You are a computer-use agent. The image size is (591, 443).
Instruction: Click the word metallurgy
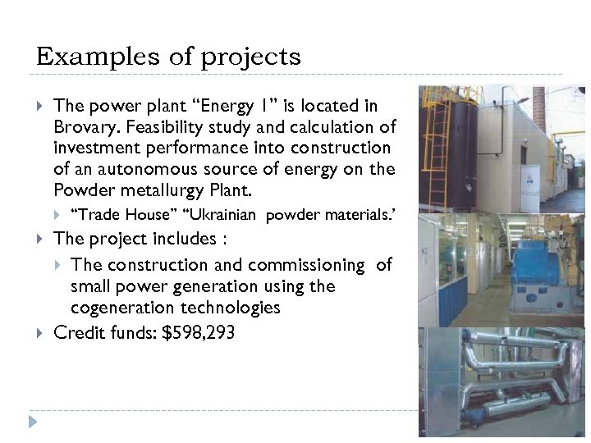point(162,191)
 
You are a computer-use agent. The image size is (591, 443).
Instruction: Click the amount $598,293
point(197,333)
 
